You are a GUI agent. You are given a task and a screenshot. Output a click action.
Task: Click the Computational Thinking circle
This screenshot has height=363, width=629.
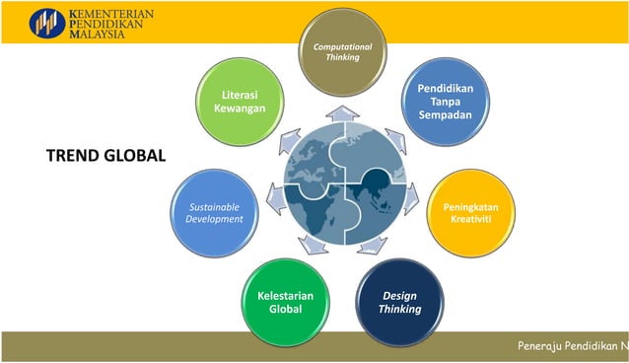[x=337, y=52]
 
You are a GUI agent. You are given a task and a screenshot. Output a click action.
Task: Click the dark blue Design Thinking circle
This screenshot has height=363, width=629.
[x=399, y=302]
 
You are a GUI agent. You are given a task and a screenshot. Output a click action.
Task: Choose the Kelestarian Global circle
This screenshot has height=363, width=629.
[x=284, y=301]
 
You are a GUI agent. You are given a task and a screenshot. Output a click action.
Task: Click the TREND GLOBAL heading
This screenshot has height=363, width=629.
[x=105, y=156]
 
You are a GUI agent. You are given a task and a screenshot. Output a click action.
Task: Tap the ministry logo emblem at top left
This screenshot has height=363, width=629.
[x=45, y=22]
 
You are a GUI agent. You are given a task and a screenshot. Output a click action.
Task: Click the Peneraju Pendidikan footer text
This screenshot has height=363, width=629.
[x=572, y=346]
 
